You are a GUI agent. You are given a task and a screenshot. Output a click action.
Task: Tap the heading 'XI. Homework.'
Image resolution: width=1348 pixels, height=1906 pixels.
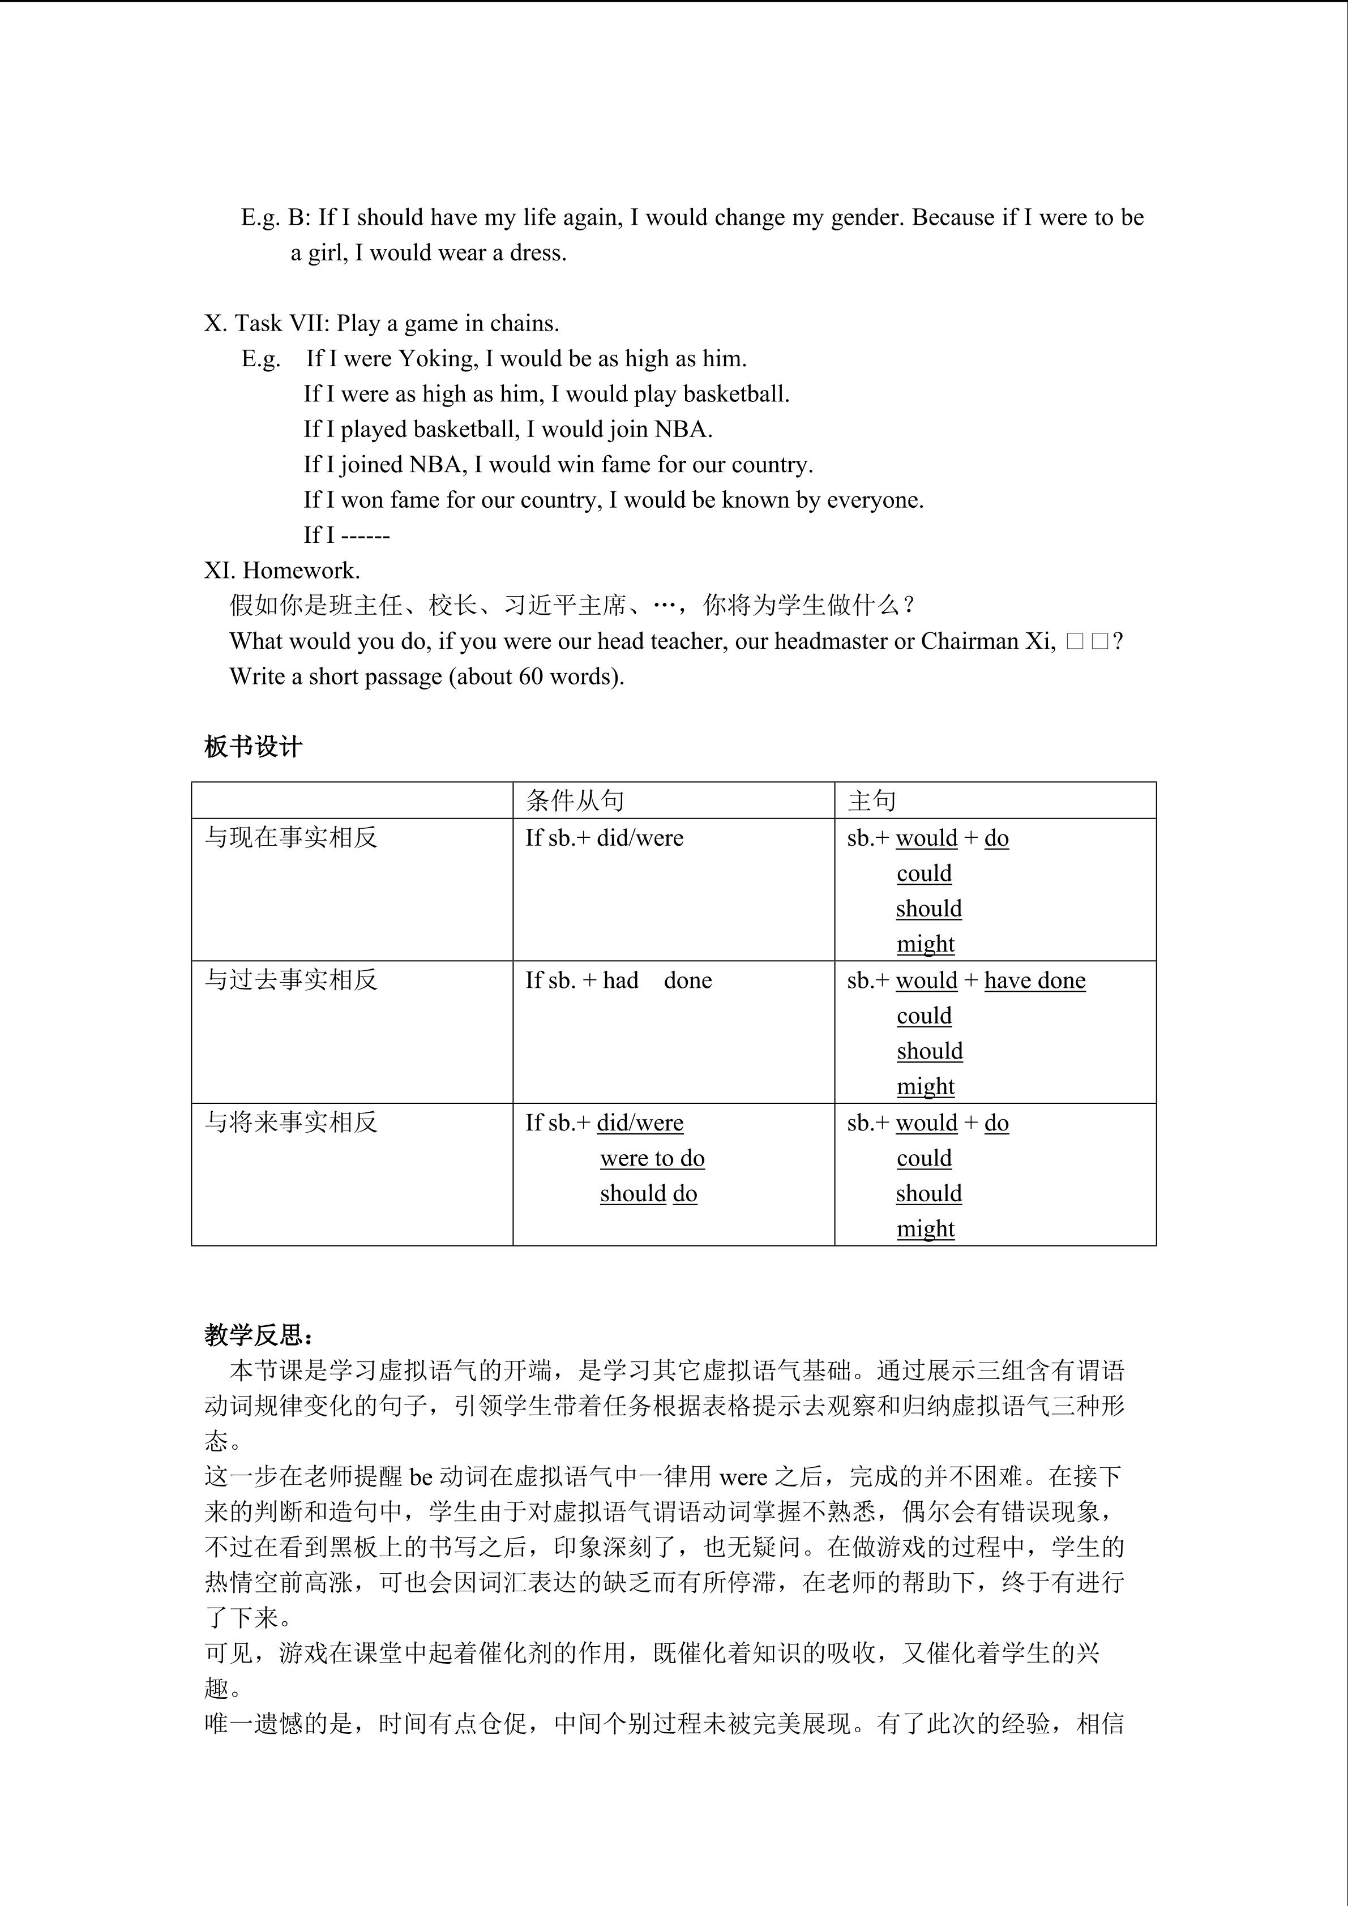coord(282,570)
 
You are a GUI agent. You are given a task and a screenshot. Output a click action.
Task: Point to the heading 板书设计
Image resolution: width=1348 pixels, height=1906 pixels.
coord(253,747)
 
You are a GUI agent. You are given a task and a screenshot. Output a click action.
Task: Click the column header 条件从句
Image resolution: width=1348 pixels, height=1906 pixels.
coord(575,800)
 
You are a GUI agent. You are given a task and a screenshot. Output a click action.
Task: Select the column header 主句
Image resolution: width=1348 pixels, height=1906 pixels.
coord(871,800)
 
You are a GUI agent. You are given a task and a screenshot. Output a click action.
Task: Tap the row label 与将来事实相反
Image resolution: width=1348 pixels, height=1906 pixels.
coord(290,1123)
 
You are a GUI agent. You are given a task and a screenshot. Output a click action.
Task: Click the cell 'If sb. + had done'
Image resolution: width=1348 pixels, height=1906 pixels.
coord(618,980)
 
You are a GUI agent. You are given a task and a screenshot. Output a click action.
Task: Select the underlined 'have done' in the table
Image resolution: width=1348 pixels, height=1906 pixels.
coord(1034,980)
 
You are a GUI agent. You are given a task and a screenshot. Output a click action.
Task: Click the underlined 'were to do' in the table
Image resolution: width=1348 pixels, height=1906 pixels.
coord(652,1158)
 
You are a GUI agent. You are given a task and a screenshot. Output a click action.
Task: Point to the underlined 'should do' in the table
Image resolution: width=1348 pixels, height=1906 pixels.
coord(648,1194)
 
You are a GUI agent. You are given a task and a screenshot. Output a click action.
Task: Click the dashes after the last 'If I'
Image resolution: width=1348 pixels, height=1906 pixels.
coord(365,536)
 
